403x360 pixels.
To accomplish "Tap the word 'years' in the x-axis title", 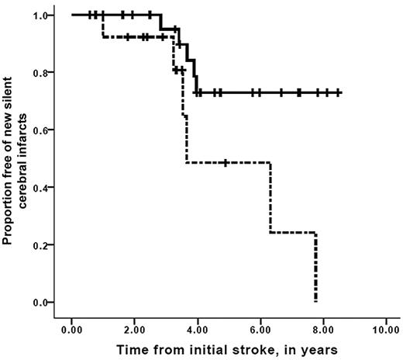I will coord(319,350).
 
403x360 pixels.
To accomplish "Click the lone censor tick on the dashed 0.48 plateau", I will coord(225,163).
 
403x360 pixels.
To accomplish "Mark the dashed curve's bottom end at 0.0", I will coord(315,300).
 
